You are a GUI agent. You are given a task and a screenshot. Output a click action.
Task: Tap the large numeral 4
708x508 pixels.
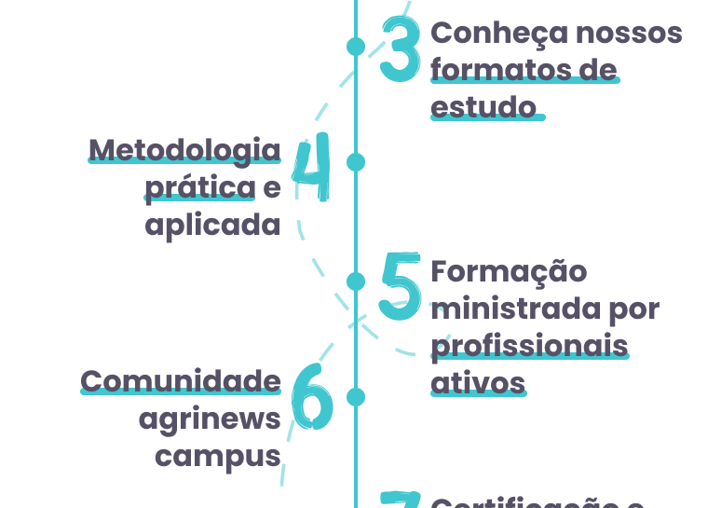point(312,172)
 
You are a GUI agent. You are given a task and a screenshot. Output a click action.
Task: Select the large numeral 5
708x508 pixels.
point(401,286)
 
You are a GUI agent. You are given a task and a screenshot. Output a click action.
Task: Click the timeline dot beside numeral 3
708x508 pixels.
point(356,46)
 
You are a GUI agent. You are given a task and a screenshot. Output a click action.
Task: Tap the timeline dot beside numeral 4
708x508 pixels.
point(356,162)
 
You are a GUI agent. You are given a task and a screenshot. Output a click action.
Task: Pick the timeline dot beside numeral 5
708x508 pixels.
point(356,281)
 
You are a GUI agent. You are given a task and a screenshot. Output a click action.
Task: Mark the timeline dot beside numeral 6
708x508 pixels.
point(356,397)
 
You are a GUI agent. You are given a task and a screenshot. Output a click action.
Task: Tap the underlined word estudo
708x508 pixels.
point(484,106)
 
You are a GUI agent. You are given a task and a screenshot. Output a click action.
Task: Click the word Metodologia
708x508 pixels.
point(184,149)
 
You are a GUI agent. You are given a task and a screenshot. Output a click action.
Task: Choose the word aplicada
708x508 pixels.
point(212,225)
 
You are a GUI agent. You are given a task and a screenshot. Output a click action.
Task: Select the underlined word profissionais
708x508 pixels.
point(529,346)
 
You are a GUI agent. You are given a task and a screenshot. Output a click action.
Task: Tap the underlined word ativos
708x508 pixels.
point(478,382)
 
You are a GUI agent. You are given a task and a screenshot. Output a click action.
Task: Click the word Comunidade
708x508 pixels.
point(181,380)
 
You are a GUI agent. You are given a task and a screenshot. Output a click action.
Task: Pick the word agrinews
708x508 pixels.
point(210,419)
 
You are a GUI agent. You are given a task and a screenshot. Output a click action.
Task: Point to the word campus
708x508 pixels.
point(218,456)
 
